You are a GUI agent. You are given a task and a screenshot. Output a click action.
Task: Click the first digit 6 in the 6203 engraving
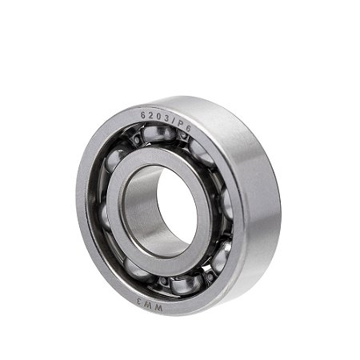point(143,115)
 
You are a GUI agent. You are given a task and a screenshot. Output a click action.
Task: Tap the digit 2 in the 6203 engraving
point(150,115)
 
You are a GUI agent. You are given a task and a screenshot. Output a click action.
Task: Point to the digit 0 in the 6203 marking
point(158,117)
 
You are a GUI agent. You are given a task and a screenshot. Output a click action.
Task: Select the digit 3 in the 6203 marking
point(166,119)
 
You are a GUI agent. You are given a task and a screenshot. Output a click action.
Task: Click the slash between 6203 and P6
point(173,122)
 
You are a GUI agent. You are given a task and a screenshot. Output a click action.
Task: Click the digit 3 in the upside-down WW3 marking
point(140,302)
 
